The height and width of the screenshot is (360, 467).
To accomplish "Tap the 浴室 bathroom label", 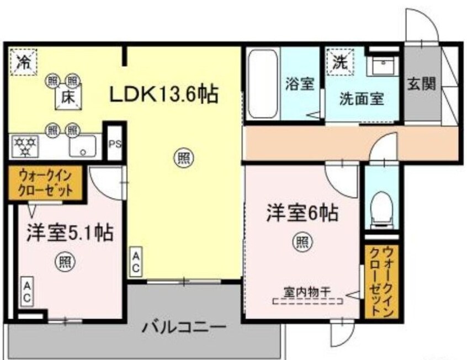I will click(300, 84).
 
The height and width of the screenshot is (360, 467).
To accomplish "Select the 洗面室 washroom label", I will click(361, 99).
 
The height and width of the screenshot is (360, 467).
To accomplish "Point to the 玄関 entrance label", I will click(422, 83).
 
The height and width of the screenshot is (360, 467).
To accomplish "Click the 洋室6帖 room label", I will click(303, 213).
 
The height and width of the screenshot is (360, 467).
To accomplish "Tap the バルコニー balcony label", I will click(184, 327).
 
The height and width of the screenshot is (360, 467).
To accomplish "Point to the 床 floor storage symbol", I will click(68, 98).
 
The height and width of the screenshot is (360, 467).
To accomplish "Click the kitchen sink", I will click(82, 146).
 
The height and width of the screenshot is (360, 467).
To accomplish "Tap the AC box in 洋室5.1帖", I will click(26, 290).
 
